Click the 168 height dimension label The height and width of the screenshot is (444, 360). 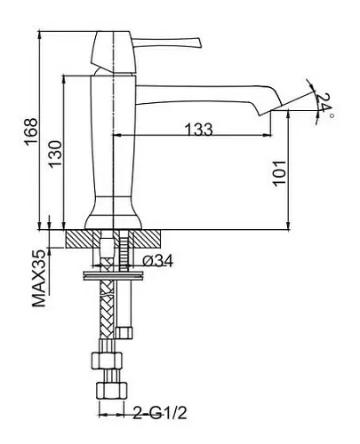[x=31, y=131]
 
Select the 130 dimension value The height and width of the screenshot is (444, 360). [x=55, y=154]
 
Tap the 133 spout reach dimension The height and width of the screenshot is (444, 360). [x=199, y=129]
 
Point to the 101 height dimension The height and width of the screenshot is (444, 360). [x=279, y=173]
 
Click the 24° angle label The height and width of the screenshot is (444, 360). [x=324, y=104]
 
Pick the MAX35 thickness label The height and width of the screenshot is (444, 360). [x=39, y=278]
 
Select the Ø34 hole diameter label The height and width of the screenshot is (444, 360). [x=157, y=260]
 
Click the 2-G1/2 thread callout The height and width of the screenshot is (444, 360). [x=160, y=413]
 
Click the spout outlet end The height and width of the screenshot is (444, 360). [x=269, y=110]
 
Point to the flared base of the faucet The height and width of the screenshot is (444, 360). [x=114, y=214]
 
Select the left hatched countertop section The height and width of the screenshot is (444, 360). [x=79, y=239]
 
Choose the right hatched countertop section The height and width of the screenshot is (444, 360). [x=147, y=239]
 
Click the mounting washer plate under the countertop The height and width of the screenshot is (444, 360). [x=114, y=275]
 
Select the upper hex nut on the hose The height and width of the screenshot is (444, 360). [x=107, y=361]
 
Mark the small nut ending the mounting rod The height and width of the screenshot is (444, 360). [x=124, y=333]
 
